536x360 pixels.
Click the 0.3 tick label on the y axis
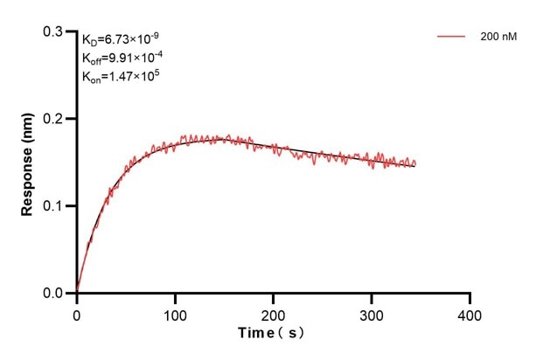54,31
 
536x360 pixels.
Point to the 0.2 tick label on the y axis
54,119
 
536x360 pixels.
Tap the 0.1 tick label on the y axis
54,206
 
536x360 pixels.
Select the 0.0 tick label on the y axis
54,294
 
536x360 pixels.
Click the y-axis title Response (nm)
28,163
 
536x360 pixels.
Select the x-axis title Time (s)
272,335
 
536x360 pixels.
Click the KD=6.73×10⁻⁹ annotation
121,39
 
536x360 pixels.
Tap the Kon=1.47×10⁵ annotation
120,76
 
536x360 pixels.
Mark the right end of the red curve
415,164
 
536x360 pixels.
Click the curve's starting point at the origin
77,293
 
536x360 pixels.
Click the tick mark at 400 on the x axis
470,297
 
